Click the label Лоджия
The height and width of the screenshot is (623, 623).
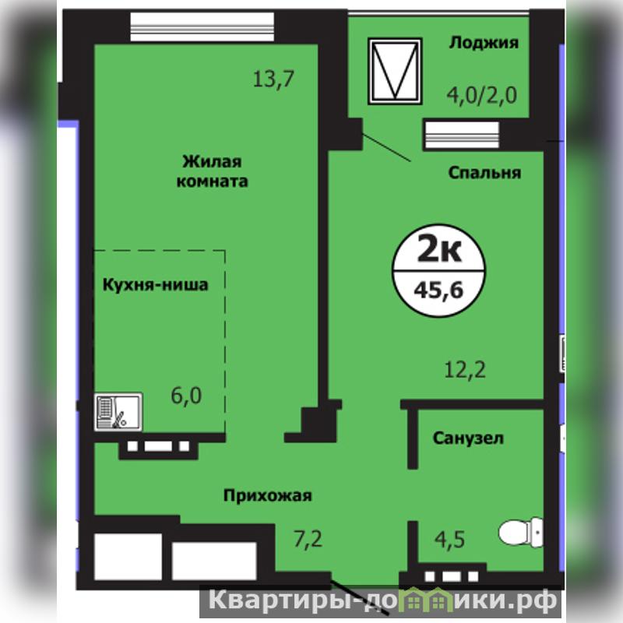484,43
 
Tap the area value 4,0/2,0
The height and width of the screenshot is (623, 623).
481,95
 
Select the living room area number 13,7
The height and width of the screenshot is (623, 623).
273,79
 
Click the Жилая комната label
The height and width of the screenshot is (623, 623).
212,171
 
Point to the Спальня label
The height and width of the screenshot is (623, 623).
484,173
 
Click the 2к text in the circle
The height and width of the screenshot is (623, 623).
439,249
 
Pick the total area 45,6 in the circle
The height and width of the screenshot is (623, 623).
438,290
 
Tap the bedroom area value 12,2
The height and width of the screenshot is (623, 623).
465,370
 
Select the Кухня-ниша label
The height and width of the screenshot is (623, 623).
155,285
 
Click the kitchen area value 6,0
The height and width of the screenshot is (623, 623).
186,396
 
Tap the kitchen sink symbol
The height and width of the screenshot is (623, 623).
118,412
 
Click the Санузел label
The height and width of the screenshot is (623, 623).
468,438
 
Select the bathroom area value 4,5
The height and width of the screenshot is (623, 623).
449,540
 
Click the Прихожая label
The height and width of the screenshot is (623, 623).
267,496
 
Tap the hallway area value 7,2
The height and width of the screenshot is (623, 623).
308,539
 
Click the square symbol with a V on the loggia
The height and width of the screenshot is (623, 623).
395,71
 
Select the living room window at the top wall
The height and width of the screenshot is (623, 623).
202,27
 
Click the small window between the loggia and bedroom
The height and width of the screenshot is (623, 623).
462,135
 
